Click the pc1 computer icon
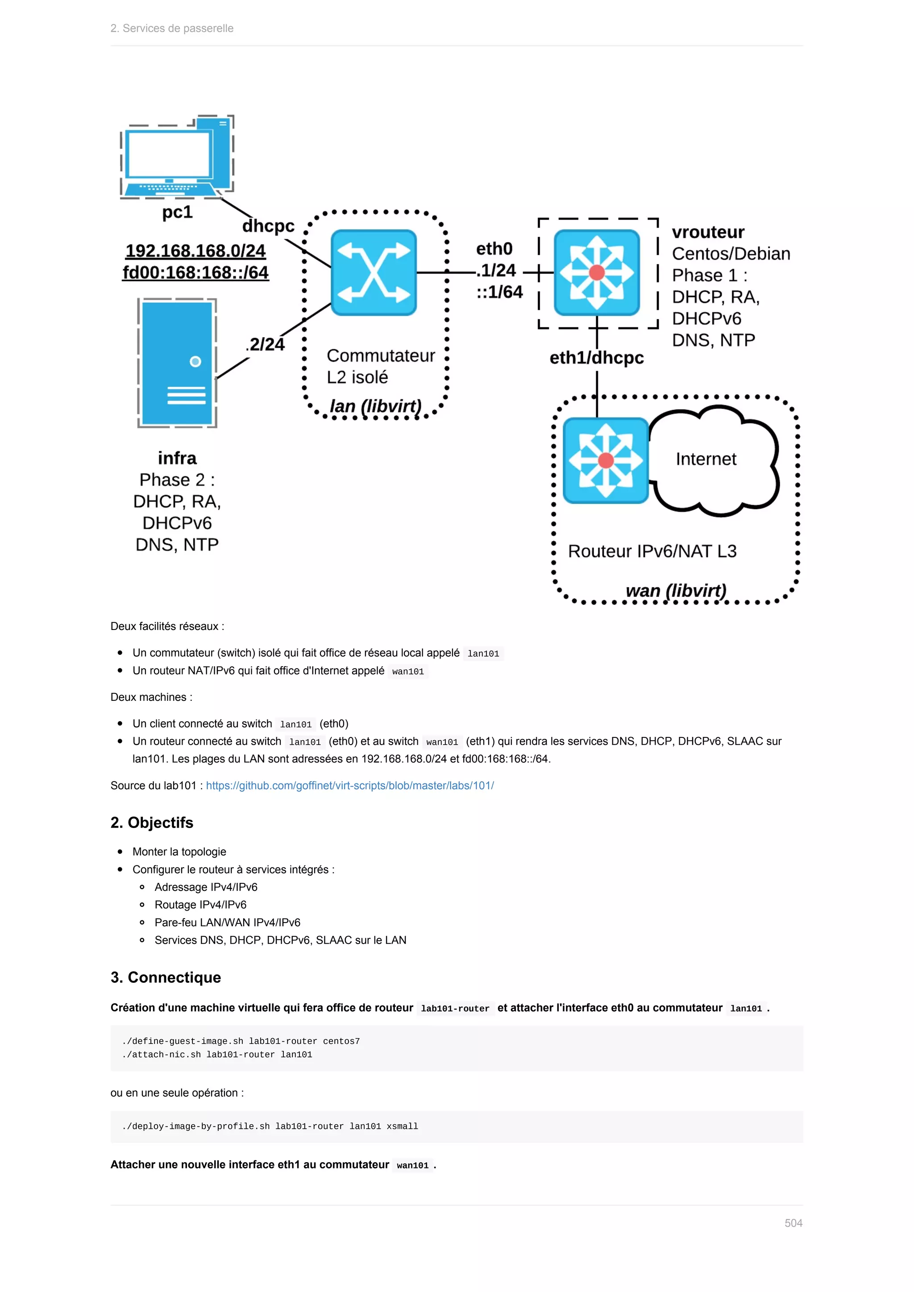[x=177, y=157]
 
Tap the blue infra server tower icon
[x=177, y=363]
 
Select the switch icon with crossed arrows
[x=374, y=272]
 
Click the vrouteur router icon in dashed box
[x=597, y=272]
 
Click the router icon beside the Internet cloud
[x=606, y=460]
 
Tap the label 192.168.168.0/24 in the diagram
[x=195, y=250]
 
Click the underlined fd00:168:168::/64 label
[x=195, y=272]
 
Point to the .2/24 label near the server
[x=266, y=344]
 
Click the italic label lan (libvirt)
[x=375, y=406]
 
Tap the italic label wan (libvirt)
[x=676, y=590]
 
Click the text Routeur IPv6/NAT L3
[x=652, y=551]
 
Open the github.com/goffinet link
[x=349, y=786]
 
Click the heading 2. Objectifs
[x=152, y=823]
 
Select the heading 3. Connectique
[x=166, y=977]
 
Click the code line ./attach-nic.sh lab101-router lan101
[x=217, y=1055]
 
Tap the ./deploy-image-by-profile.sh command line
[x=270, y=1126]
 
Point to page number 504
[x=793, y=1223]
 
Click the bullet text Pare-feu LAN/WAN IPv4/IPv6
[x=227, y=922]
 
